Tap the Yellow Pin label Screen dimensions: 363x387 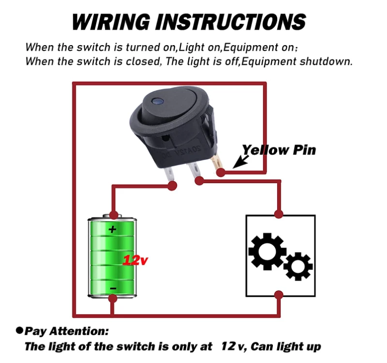279,150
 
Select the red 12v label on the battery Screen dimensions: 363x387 135,260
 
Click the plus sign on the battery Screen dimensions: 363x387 113,229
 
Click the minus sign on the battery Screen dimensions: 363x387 113,288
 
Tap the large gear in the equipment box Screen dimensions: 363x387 266,252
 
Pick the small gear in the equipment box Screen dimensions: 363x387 298,266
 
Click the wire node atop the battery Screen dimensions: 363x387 113,214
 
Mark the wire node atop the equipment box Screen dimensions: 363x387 279,214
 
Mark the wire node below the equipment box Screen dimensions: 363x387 279,295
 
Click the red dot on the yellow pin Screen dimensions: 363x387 221,173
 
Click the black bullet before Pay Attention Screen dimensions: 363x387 20,330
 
